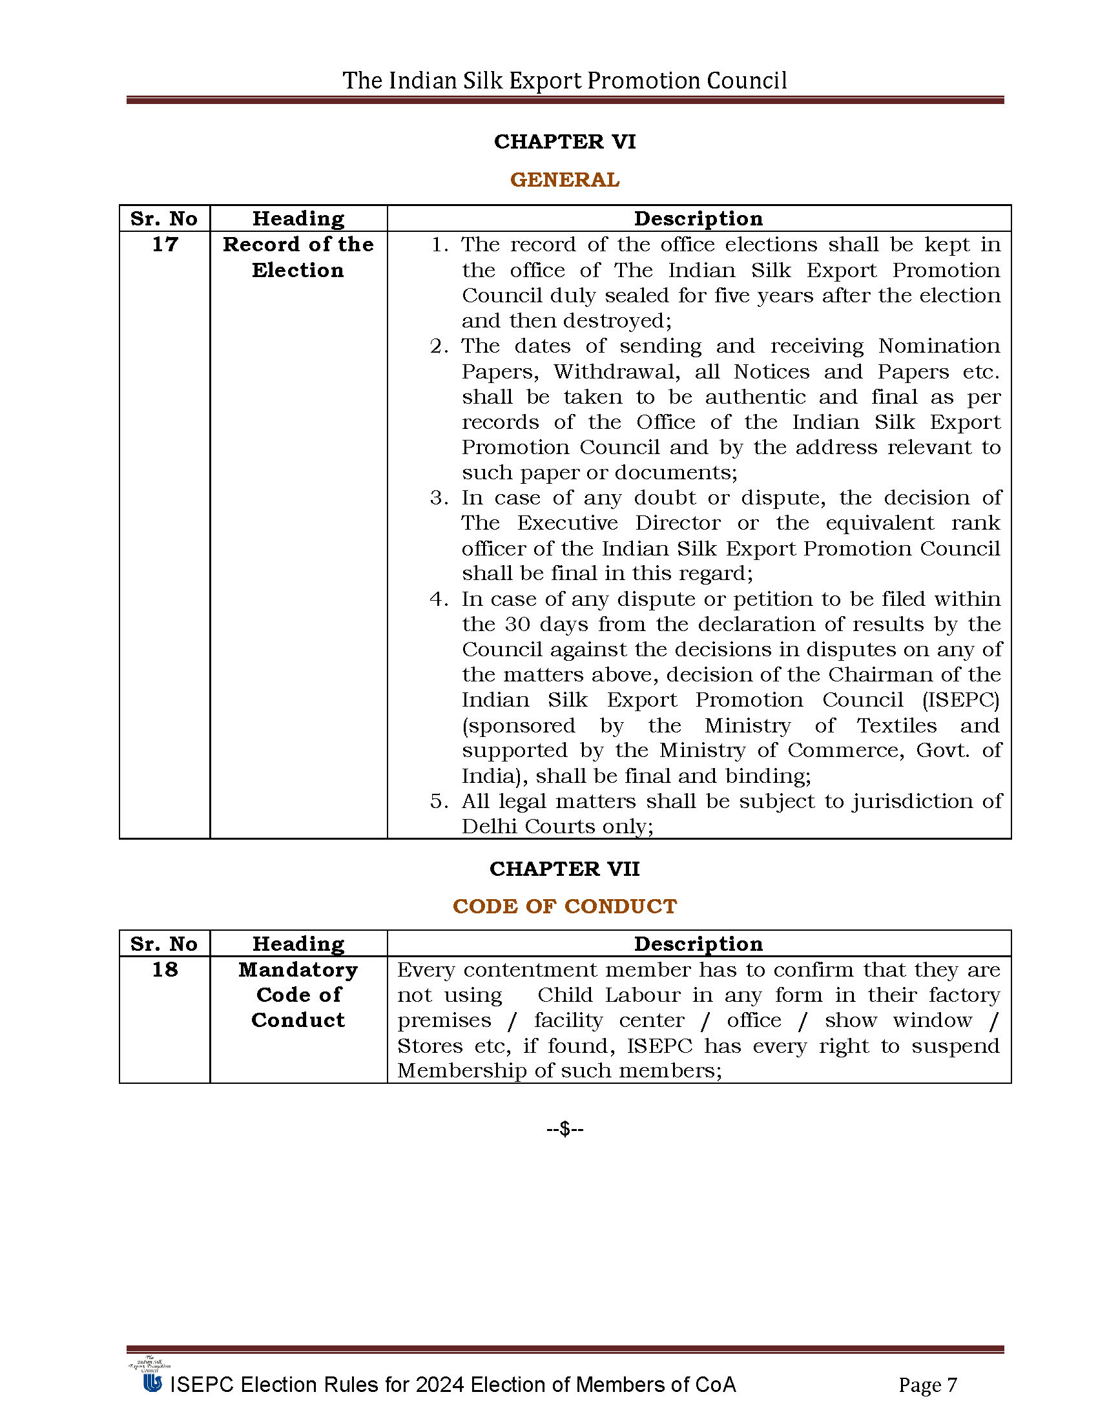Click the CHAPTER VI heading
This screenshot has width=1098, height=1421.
pos(565,142)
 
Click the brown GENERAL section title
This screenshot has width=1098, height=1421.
pos(565,180)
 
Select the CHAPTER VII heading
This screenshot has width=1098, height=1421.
pos(565,869)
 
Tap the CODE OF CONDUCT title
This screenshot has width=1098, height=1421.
pos(565,906)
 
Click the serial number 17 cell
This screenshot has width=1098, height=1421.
pos(165,245)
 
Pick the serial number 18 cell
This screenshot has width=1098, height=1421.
pos(165,970)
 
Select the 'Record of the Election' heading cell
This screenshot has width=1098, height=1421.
pos(298,257)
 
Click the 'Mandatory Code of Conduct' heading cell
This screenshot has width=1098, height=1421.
pos(298,995)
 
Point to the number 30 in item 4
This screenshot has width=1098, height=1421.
pos(518,625)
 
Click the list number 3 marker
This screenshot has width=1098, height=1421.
pos(437,499)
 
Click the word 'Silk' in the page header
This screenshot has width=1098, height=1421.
pos(482,81)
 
